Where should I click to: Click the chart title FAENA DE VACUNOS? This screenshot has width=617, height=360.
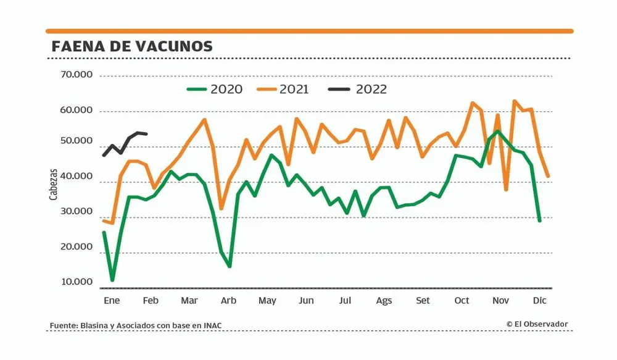pos(132,46)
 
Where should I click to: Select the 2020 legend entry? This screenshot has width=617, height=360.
pos(215,89)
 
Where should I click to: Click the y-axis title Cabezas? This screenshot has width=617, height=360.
pos(54,184)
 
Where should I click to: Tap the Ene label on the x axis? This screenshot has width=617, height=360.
pos(111,301)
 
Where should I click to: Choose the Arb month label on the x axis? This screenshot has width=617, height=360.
pos(228,301)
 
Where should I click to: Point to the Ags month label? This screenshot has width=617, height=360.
pos(384,301)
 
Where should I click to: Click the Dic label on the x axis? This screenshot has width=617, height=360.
pos(539,301)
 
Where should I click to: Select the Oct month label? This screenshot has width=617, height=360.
pos(462,301)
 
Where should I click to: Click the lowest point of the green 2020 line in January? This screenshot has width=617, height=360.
pos(112,280)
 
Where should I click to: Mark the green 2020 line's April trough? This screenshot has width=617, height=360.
pos(230,266)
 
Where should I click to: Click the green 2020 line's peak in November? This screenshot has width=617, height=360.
pos(497,130)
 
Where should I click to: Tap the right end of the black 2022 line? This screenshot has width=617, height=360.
pos(146,133)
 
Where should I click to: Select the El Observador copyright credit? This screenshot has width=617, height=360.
pos(537,324)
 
